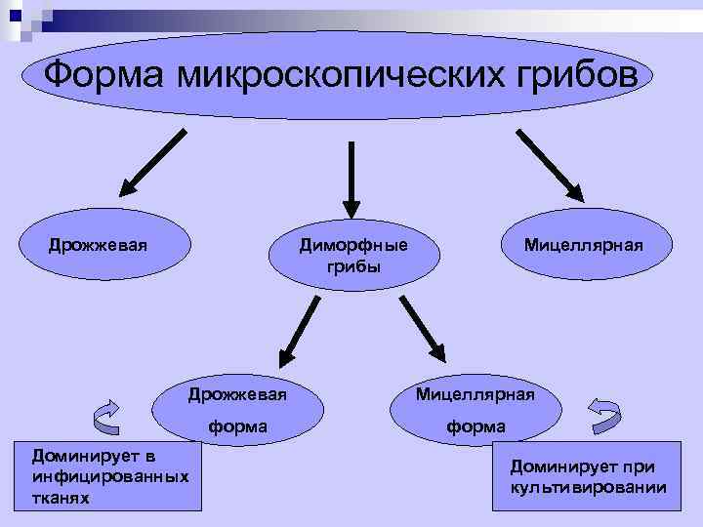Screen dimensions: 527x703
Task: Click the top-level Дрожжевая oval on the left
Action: click(98, 244)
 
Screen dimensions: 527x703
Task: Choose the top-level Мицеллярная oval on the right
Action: click(583, 244)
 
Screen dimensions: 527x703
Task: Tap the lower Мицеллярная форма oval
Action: click(476, 411)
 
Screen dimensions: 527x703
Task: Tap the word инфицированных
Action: click(109, 476)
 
